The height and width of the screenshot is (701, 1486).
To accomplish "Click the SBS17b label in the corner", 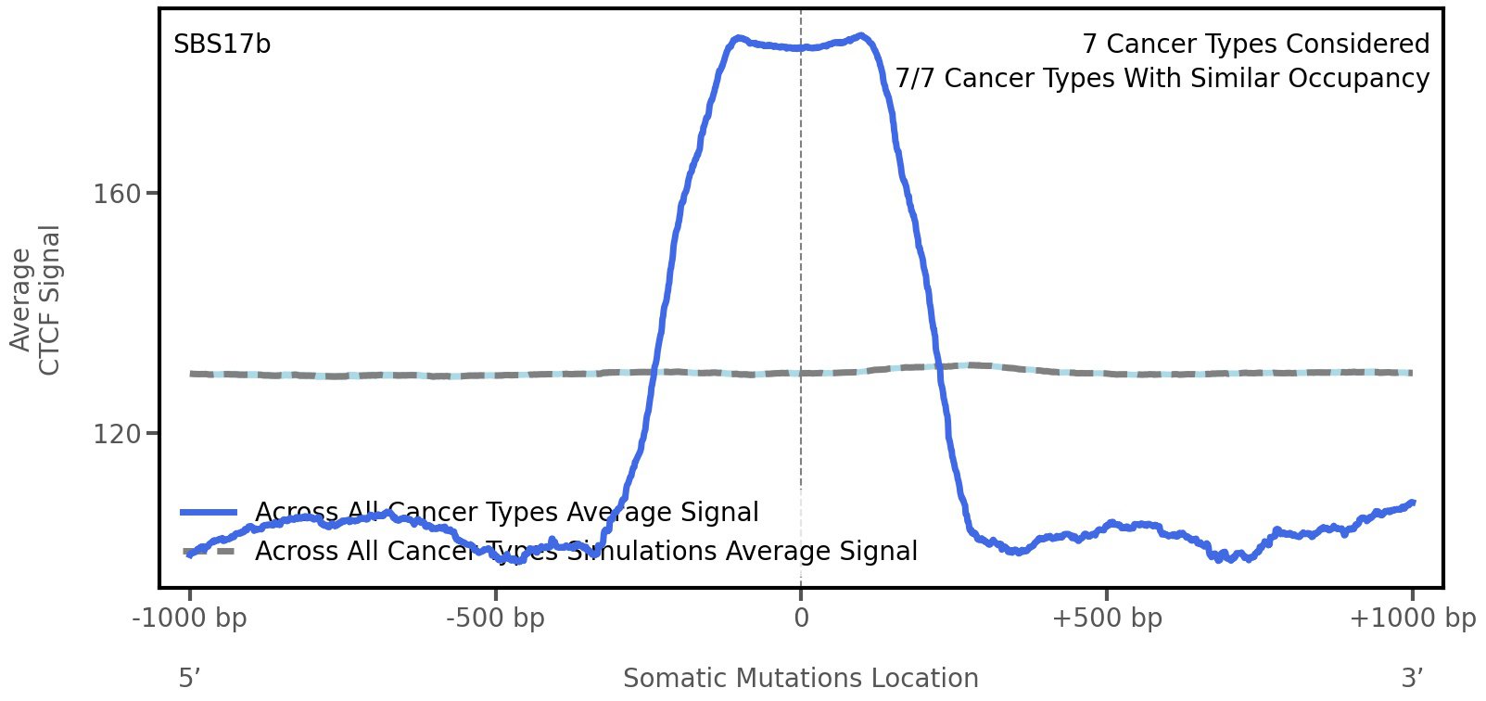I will pyautogui.click(x=222, y=45).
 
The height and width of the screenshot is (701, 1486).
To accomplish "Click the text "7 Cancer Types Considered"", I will pyautogui.click(x=1255, y=45).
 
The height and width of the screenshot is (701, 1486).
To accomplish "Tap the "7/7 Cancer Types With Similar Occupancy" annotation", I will pyautogui.click(x=1162, y=79).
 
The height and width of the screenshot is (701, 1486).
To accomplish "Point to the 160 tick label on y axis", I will pyautogui.click(x=117, y=195).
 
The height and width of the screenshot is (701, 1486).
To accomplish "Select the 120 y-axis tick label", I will pyautogui.click(x=117, y=434).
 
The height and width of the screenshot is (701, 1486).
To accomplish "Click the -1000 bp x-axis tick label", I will pyautogui.click(x=190, y=618).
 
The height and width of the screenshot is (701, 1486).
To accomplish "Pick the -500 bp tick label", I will pyautogui.click(x=495, y=618).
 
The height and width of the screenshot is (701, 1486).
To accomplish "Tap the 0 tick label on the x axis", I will pyautogui.click(x=801, y=618).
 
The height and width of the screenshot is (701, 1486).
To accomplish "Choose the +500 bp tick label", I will pyautogui.click(x=1107, y=618).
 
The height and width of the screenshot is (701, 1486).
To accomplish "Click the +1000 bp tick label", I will pyautogui.click(x=1412, y=618).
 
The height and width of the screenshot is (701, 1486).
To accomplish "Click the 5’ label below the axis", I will pyautogui.click(x=190, y=679).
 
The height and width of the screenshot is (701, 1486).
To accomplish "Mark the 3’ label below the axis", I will pyautogui.click(x=1412, y=679).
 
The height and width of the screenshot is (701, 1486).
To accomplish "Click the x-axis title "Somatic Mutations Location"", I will pyautogui.click(x=801, y=679).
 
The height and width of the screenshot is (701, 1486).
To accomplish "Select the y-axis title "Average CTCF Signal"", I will pyautogui.click(x=36, y=300).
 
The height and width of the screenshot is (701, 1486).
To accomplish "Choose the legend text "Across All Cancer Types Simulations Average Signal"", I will pyautogui.click(x=586, y=552).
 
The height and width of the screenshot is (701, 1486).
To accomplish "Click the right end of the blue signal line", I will pyautogui.click(x=1412, y=503).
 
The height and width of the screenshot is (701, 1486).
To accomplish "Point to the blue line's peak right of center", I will pyautogui.click(x=862, y=36).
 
